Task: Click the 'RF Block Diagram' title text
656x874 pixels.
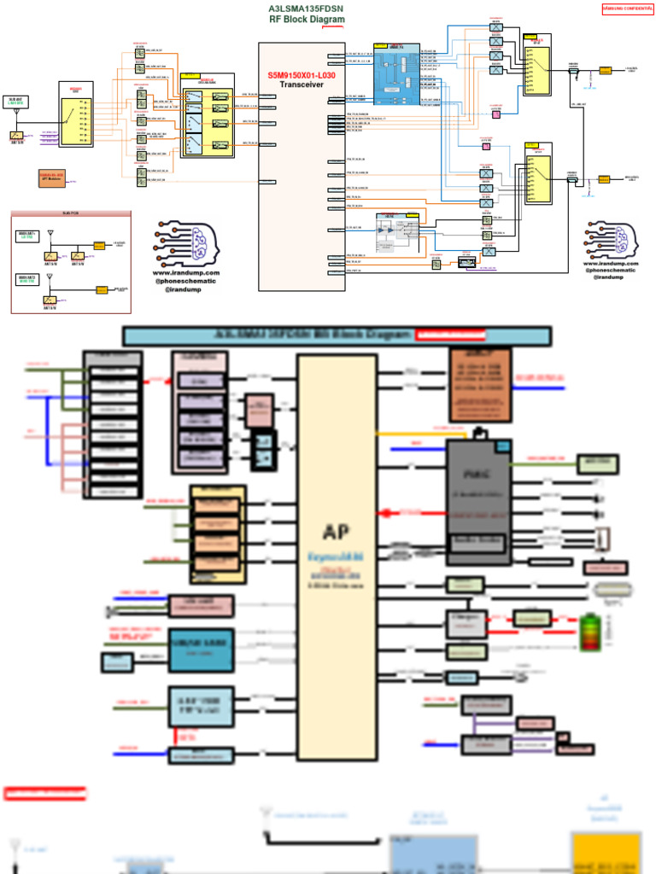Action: click(307, 19)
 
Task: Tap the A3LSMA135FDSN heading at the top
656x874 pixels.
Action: click(307, 9)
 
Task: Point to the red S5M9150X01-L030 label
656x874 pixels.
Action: click(302, 75)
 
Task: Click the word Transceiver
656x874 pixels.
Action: click(302, 84)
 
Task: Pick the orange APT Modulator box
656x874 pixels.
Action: click(51, 179)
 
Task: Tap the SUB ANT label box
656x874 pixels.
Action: click(15, 102)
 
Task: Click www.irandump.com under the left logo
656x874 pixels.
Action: click(186, 273)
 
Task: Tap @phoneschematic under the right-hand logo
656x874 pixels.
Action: click(610, 271)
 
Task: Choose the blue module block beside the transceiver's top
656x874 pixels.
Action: click(396, 74)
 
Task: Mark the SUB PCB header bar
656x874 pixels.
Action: click(71, 213)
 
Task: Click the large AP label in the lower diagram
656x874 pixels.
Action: click(336, 532)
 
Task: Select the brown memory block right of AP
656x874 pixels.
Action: click(480, 384)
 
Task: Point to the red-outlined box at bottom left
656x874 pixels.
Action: click(44, 794)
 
